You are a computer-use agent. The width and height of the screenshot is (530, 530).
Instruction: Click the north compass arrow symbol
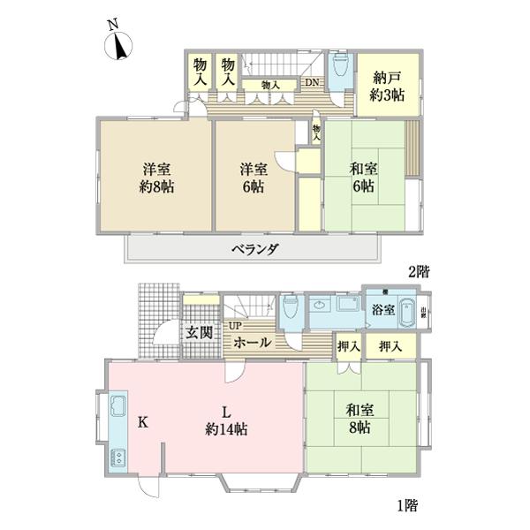pos(118,45)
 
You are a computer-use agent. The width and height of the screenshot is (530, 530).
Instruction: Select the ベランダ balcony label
pos(255,249)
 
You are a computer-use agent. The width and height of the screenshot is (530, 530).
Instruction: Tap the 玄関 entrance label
pos(199,333)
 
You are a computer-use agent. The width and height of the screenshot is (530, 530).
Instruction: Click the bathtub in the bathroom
pos(407,313)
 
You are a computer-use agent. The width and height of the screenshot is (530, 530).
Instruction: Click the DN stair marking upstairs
pos(312,84)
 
